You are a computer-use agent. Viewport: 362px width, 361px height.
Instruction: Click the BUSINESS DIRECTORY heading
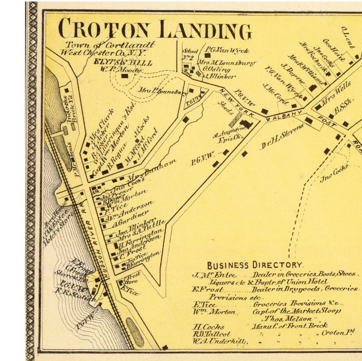pyautogui.click(x=255, y=265)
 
